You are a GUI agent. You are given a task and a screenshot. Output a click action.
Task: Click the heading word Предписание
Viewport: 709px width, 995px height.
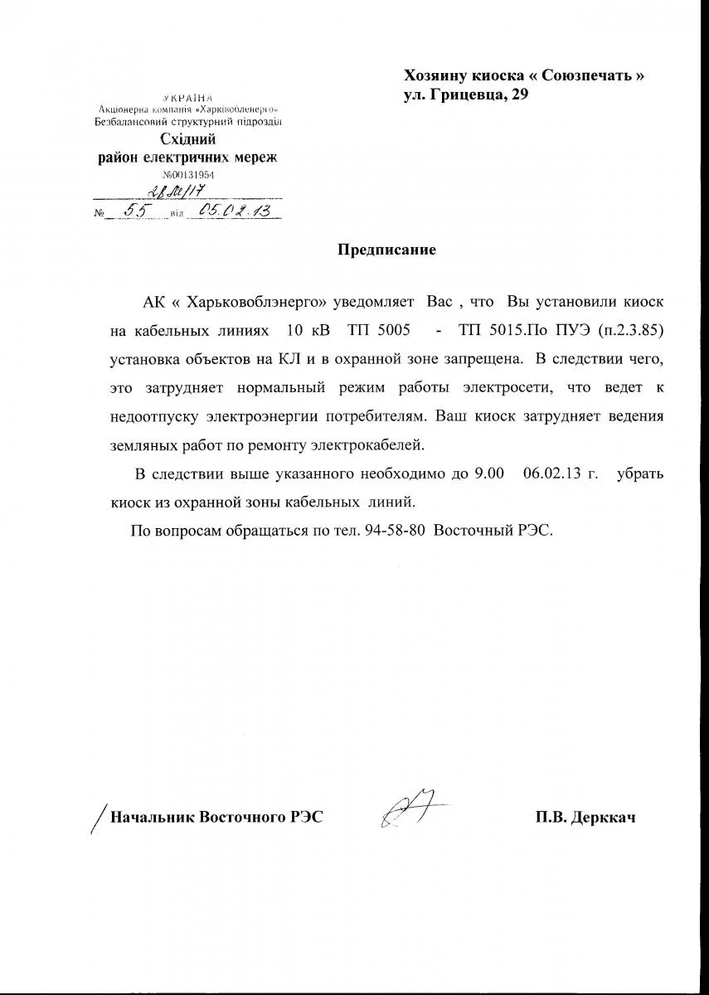pos(386,250)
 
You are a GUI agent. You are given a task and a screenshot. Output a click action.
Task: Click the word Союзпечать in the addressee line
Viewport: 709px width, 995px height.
pos(587,75)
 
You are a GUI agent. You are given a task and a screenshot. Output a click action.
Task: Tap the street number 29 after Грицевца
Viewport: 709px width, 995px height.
pos(517,95)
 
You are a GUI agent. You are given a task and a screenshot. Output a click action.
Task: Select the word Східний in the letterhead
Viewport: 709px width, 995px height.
pos(188,139)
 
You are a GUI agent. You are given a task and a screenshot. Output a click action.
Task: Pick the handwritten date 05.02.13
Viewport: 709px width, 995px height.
pos(236,211)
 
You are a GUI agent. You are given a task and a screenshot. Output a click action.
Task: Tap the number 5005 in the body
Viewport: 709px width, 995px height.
pos(391,330)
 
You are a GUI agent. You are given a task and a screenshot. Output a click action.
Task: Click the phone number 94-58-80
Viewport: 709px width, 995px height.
pos(396,529)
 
